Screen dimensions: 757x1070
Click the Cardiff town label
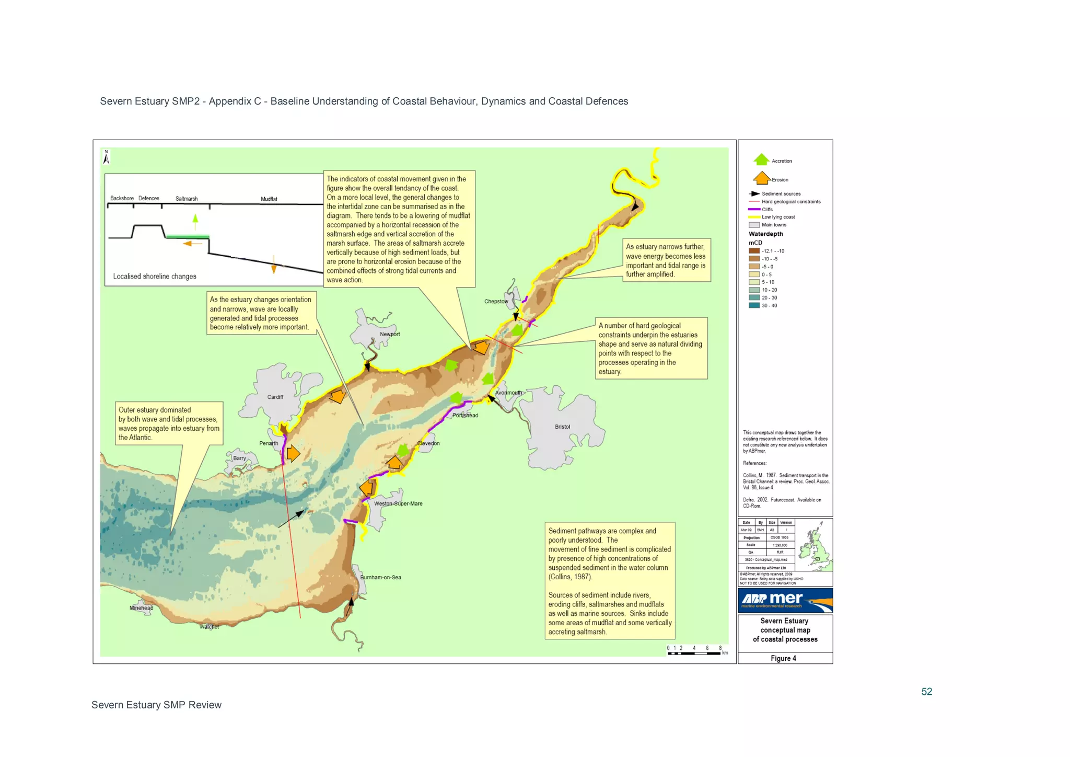[275, 397]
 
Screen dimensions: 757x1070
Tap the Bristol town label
[562, 427]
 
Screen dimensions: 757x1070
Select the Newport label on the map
[390, 334]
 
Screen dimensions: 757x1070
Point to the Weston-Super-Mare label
[398, 503]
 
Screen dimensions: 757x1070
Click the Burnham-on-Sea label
[380, 577]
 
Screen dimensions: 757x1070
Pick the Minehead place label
[141, 607]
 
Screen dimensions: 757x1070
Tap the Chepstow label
[496, 301]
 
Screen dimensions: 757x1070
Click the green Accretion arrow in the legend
[761, 159]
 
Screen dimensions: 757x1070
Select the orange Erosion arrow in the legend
[762, 178]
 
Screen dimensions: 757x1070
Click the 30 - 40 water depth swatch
[754, 305]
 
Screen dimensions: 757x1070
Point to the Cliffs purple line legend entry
[754, 209]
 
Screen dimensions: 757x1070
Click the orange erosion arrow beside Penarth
[293, 453]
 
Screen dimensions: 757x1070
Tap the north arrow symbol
[106, 157]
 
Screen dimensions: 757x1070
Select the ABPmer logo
[785, 600]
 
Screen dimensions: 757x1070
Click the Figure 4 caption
[783, 658]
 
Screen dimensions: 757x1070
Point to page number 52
[926, 691]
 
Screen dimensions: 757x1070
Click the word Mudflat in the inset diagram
[269, 199]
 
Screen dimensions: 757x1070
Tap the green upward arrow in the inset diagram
[195, 221]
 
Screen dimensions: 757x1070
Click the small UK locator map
[814, 545]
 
